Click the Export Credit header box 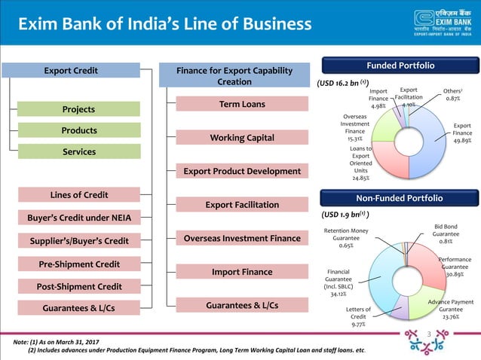70,71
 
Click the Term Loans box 241,104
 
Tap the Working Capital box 241,137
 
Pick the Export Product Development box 241,171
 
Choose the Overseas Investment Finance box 241,238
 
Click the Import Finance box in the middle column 241,271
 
